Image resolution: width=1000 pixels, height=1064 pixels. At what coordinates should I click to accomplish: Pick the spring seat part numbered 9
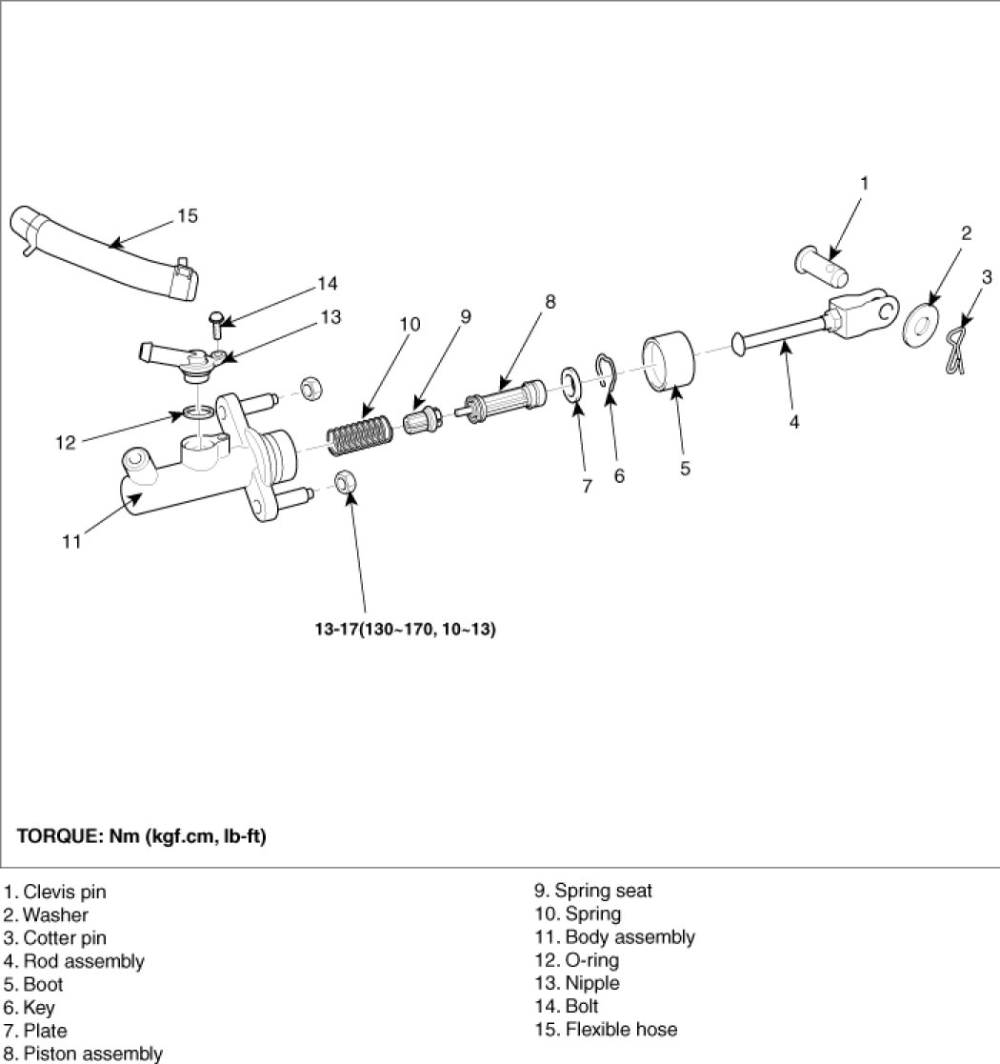click(x=422, y=420)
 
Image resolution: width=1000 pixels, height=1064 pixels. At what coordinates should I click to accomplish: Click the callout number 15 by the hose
click(x=188, y=216)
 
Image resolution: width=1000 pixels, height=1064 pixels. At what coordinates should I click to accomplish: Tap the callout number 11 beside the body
click(x=71, y=542)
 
